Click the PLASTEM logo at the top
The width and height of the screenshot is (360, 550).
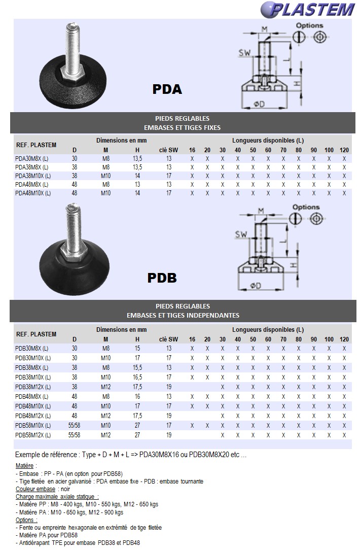click(308, 9)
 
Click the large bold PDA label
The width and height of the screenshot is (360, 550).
click(167, 89)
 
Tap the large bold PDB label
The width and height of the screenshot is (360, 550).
click(162, 278)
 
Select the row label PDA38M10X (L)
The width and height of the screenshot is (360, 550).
click(33, 176)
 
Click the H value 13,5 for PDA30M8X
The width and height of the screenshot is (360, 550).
click(137, 158)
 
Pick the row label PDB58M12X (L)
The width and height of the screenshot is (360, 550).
click(33, 435)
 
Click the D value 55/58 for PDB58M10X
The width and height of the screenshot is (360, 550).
click(75, 426)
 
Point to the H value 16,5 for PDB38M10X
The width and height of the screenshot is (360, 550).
click(137, 377)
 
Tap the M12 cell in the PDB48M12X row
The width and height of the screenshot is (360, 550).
click(106, 416)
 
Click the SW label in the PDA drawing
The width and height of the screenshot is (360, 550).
click(245, 53)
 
